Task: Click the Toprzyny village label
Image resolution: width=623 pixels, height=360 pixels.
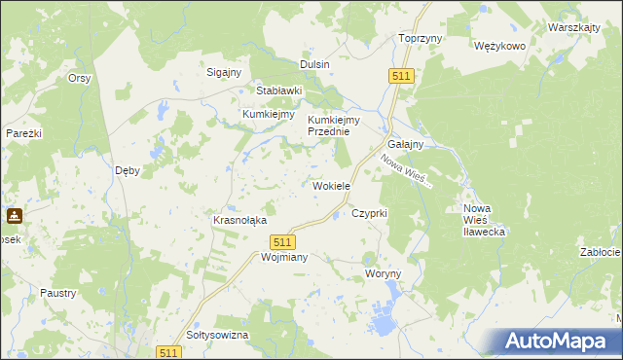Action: pos(421,38)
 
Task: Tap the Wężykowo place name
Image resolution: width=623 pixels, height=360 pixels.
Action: pos(498,46)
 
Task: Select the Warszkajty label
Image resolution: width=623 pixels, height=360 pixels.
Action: pos(573,27)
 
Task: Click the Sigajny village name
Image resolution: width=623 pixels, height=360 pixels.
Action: pos(223,71)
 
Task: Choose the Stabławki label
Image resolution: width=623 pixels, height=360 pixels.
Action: pos(279,90)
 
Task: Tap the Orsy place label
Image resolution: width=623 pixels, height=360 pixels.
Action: pos(79,78)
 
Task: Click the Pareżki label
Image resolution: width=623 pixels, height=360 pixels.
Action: pos(23,132)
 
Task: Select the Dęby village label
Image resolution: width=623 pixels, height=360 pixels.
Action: pos(128,169)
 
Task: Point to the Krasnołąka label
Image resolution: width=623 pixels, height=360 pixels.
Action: pos(239,220)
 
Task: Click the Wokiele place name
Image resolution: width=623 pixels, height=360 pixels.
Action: pos(331,186)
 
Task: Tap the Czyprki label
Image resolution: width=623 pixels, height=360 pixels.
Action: pos(370,212)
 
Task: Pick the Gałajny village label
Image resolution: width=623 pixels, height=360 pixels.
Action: pos(404,144)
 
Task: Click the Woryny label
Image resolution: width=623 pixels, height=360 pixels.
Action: pos(383,273)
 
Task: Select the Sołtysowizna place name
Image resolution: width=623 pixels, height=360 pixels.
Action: pos(217,335)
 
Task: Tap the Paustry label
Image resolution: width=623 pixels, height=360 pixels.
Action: pos(58,292)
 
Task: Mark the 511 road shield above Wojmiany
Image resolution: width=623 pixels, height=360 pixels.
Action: pos(281,241)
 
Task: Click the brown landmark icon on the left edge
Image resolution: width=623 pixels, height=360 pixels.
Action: pos(15,216)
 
